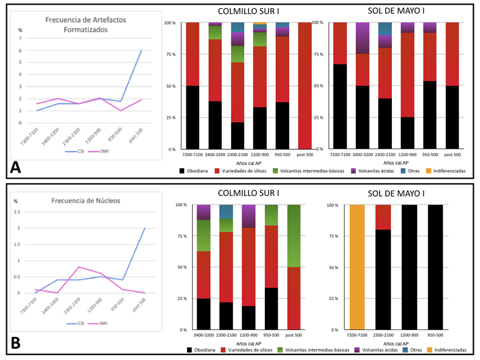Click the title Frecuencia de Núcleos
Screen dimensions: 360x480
(x=86, y=200)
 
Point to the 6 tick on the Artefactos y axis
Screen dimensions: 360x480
(x=20, y=50)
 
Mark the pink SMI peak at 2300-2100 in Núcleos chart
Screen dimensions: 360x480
(x=78, y=267)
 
